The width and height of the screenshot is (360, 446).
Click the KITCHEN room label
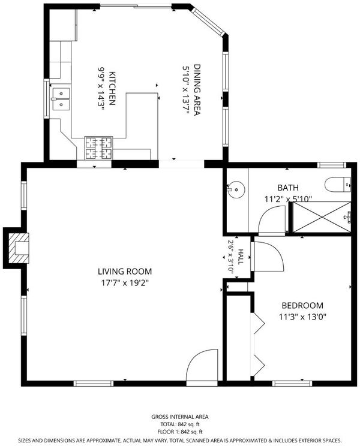point(112,89)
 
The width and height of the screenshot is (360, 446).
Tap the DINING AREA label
point(197,90)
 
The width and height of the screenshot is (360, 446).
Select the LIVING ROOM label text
point(125,272)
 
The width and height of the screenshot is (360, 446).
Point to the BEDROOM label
point(302,306)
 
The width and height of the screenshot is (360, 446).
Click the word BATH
point(288,188)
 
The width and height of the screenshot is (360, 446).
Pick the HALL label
point(241,257)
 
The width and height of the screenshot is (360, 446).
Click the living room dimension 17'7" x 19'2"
point(125,283)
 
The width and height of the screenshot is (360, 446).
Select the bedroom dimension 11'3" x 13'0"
point(302,317)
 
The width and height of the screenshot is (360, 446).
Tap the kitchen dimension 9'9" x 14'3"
point(101,89)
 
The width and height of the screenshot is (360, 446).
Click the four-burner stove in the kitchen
point(98,148)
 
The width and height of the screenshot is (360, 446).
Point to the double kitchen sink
point(61,99)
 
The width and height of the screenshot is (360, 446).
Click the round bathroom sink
point(236,189)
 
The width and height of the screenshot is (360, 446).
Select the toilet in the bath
point(338,184)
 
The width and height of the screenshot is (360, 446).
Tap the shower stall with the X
point(322,217)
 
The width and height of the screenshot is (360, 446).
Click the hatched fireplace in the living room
point(19,248)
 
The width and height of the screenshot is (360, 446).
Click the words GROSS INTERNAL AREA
point(180,417)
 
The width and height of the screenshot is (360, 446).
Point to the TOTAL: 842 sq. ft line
point(180,424)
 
